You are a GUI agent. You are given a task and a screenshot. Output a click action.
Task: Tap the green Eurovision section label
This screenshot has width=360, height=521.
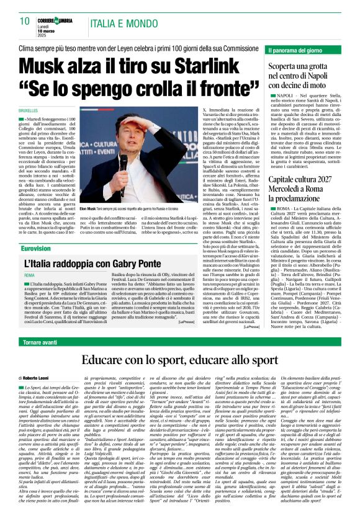point(36,247)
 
